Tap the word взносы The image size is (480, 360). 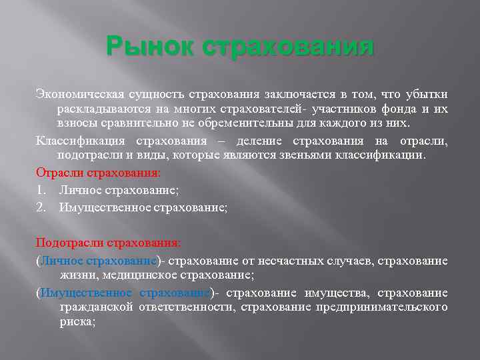76,124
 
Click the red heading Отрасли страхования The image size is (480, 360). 99,172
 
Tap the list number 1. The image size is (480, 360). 40,190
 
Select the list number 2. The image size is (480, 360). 40,207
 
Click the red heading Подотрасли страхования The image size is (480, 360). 107,242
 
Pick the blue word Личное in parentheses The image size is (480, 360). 61,260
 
